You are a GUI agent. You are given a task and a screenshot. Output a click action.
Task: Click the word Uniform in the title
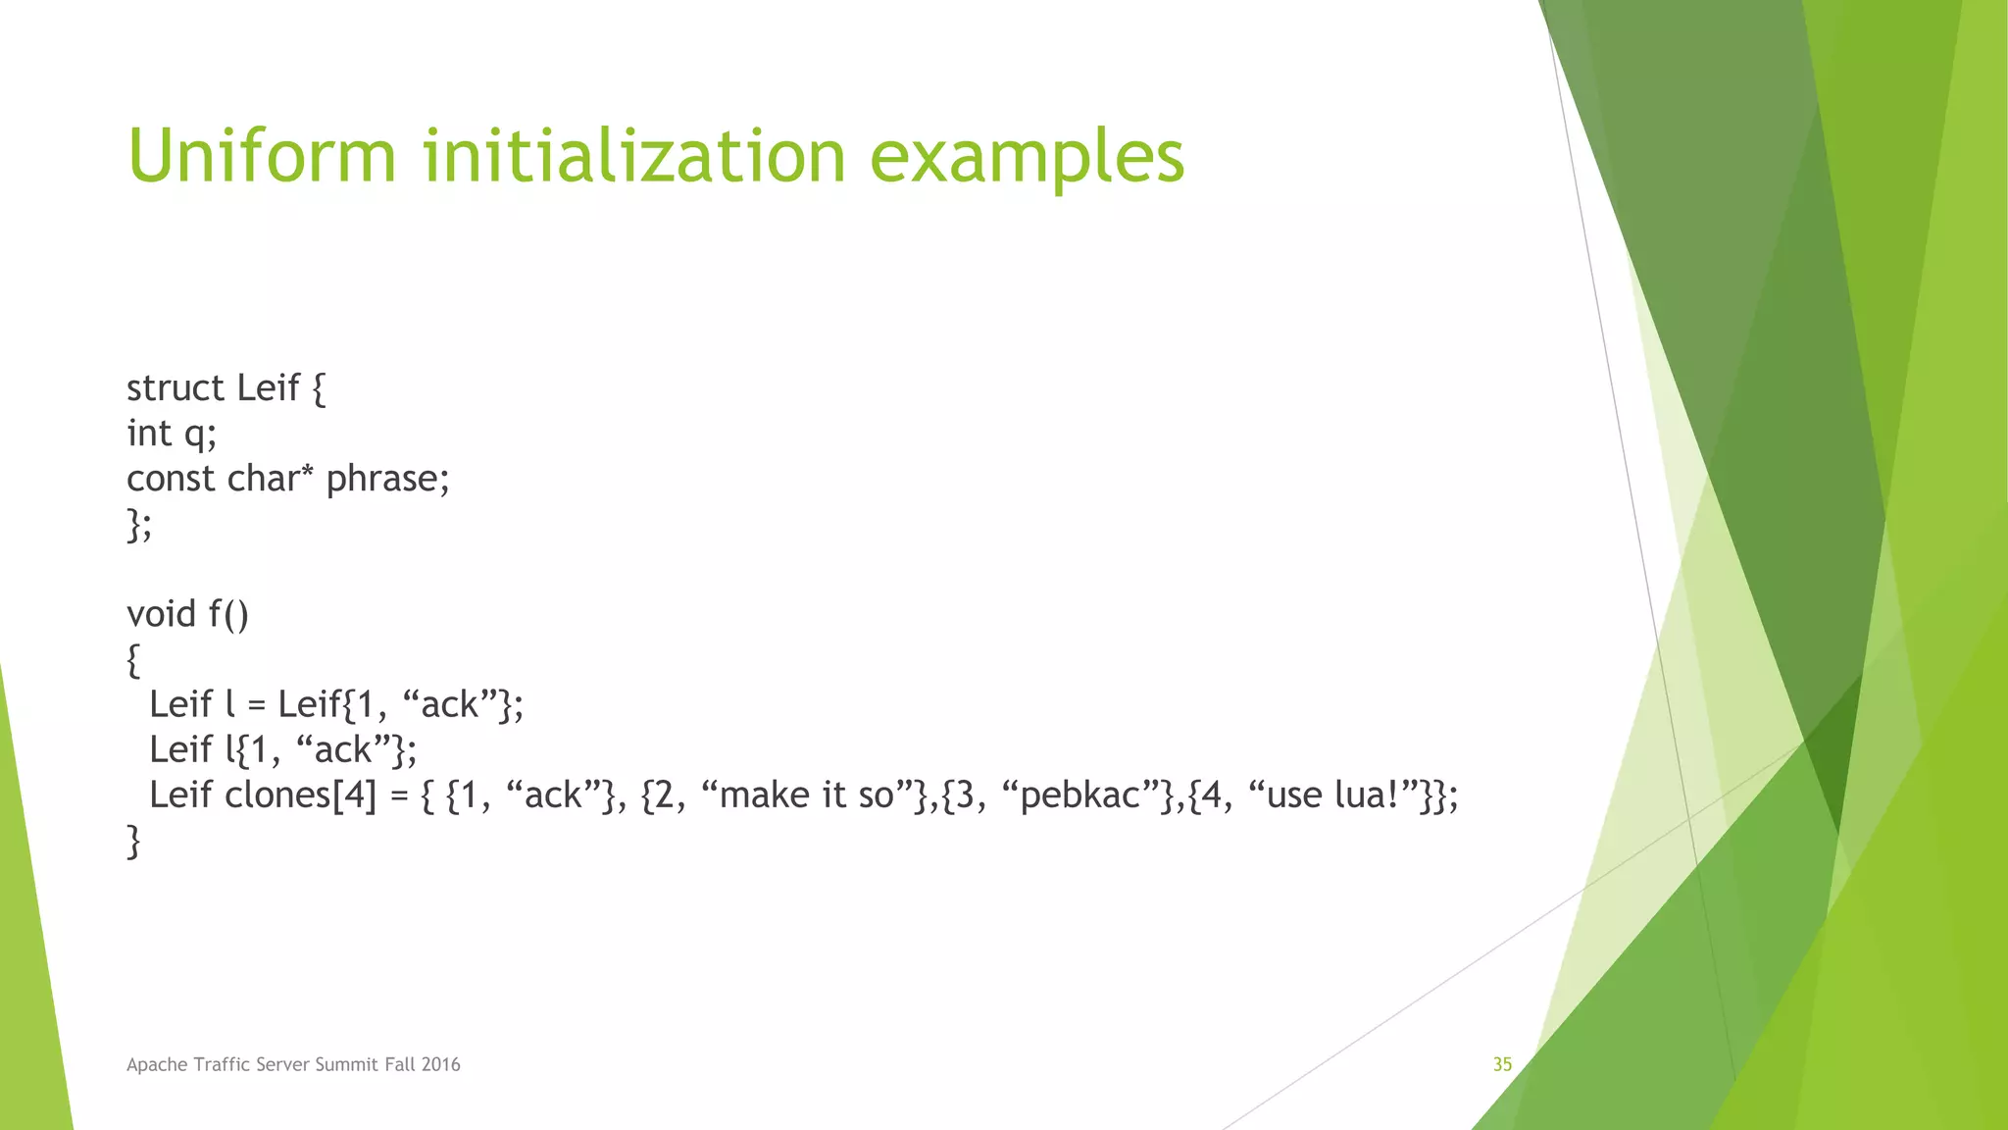(x=262, y=156)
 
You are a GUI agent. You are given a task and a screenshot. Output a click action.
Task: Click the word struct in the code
(x=176, y=388)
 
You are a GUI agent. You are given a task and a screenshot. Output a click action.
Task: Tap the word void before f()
(x=161, y=614)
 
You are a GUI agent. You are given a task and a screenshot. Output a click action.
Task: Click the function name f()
(x=228, y=615)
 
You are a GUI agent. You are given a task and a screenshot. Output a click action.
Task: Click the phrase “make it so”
(x=808, y=795)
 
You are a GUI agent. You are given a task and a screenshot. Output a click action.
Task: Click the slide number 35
(x=1502, y=1064)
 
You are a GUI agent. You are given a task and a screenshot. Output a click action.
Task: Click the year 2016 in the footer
(x=441, y=1064)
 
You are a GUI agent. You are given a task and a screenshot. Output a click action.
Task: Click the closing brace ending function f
(x=133, y=842)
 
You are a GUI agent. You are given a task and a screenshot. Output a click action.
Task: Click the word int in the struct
(x=149, y=434)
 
